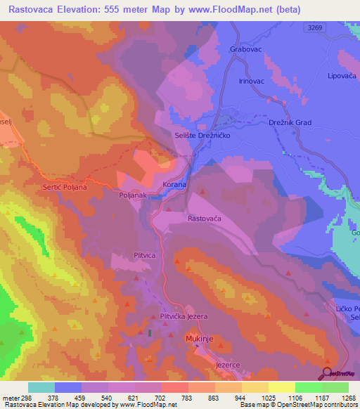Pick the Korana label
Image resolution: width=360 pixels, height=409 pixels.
(174, 184)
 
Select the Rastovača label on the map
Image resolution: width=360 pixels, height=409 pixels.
(205, 219)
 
